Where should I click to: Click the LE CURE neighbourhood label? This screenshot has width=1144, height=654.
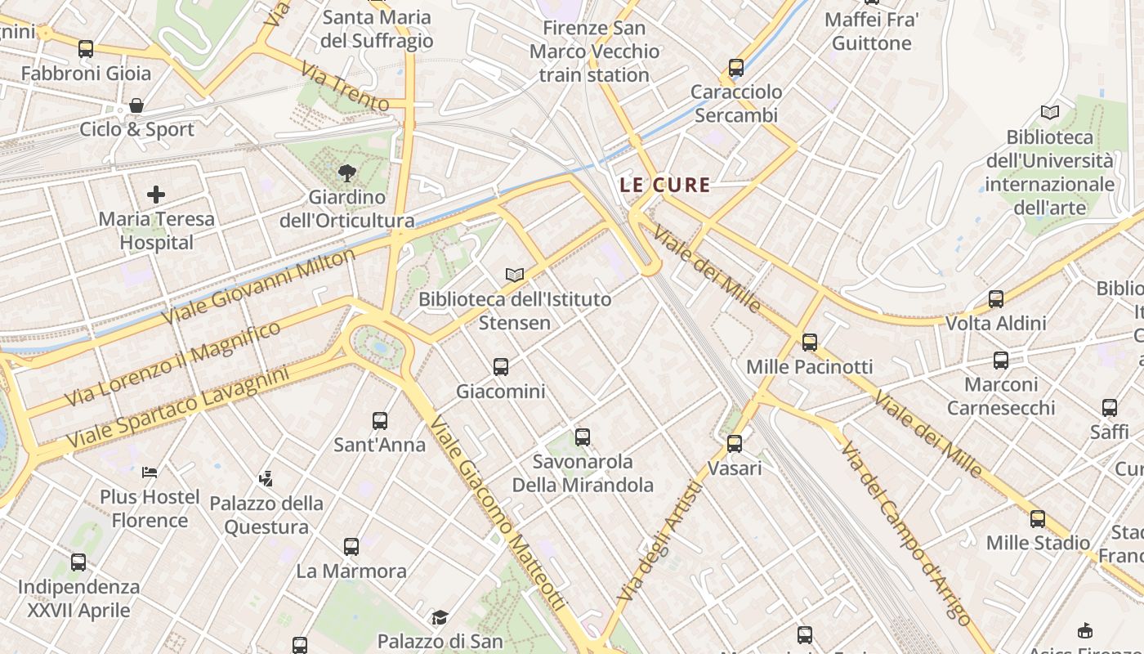(x=664, y=185)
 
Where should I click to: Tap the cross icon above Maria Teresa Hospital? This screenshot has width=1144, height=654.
(x=155, y=195)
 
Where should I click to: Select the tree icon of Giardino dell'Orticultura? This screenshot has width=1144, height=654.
(x=346, y=172)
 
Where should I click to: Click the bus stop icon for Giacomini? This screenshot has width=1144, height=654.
(x=501, y=367)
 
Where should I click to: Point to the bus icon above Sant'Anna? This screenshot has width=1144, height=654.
(x=380, y=421)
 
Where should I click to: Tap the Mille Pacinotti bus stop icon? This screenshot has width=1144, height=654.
(x=809, y=342)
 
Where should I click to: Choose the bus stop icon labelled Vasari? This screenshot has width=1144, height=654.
(x=735, y=444)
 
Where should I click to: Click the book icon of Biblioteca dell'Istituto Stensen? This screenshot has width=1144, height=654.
(x=515, y=275)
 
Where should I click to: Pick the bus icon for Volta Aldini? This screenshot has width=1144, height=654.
(x=995, y=299)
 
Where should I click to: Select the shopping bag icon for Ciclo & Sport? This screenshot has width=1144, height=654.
(x=136, y=105)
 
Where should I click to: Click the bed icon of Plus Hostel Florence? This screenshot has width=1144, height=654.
(x=150, y=472)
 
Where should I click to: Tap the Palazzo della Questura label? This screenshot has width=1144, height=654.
(x=266, y=515)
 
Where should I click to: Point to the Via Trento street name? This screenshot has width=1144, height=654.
(x=344, y=87)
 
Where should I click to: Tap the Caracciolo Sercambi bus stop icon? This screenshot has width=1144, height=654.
(x=736, y=68)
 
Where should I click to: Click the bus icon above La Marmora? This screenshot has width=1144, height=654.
(x=351, y=546)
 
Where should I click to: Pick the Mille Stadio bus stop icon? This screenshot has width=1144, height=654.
(x=1038, y=518)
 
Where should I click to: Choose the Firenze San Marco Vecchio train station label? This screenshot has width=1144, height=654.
(x=594, y=52)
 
